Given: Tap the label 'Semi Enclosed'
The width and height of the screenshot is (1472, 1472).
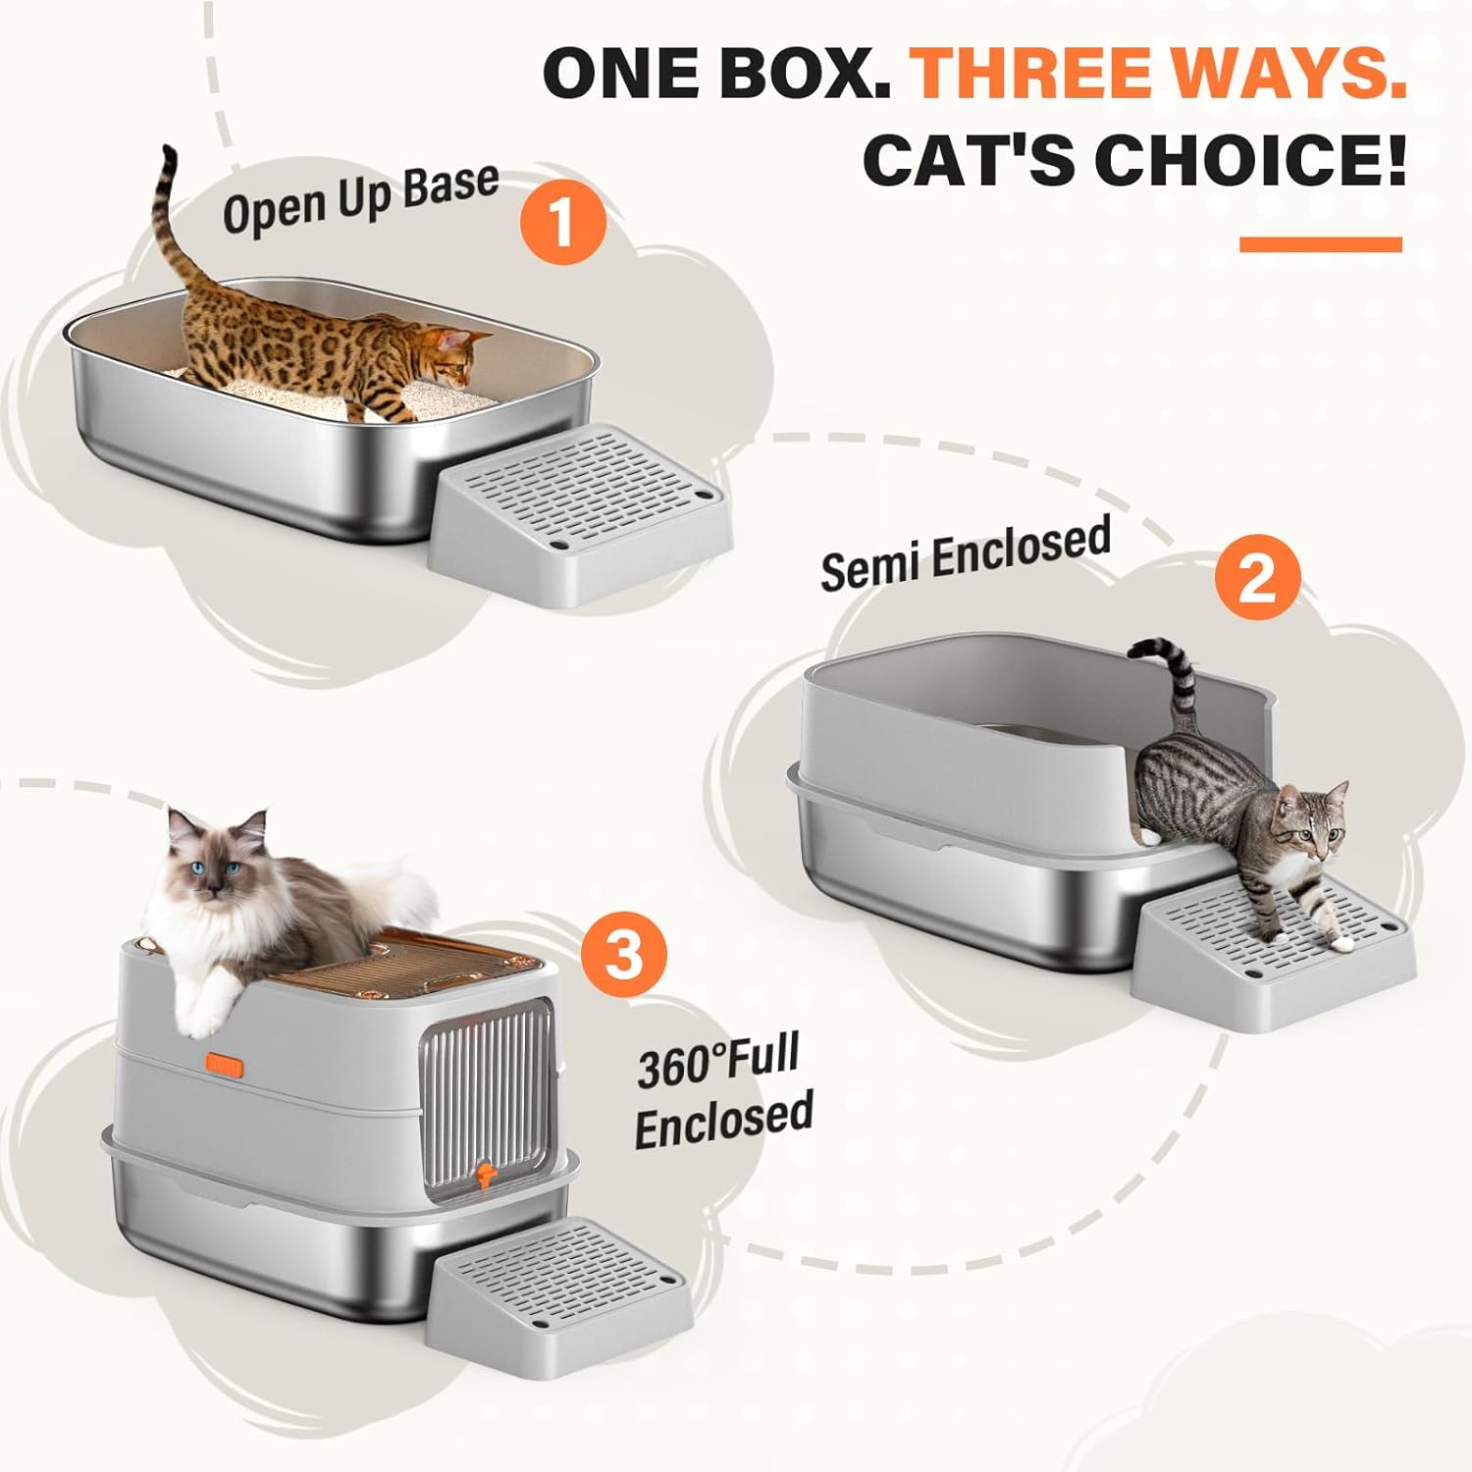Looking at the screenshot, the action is [x=966, y=554].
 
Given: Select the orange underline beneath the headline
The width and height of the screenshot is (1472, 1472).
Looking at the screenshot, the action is [x=1321, y=244].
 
